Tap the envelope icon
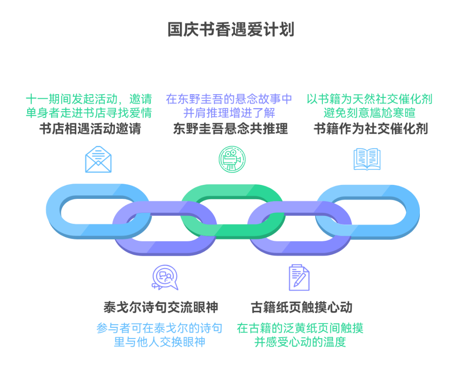(x=98, y=159)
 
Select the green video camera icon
(x=232, y=159)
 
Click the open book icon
(x=367, y=159)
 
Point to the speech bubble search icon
(x=165, y=277)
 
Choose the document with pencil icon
(x=299, y=277)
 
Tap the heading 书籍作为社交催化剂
(x=370, y=129)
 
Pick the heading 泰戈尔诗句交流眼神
(x=161, y=307)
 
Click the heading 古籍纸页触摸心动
(x=301, y=307)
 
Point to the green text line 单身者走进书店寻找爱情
(x=89, y=114)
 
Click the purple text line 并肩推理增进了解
(x=229, y=114)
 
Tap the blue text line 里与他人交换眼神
(x=159, y=342)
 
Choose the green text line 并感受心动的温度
(x=300, y=342)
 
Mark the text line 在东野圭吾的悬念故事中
(x=229, y=100)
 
